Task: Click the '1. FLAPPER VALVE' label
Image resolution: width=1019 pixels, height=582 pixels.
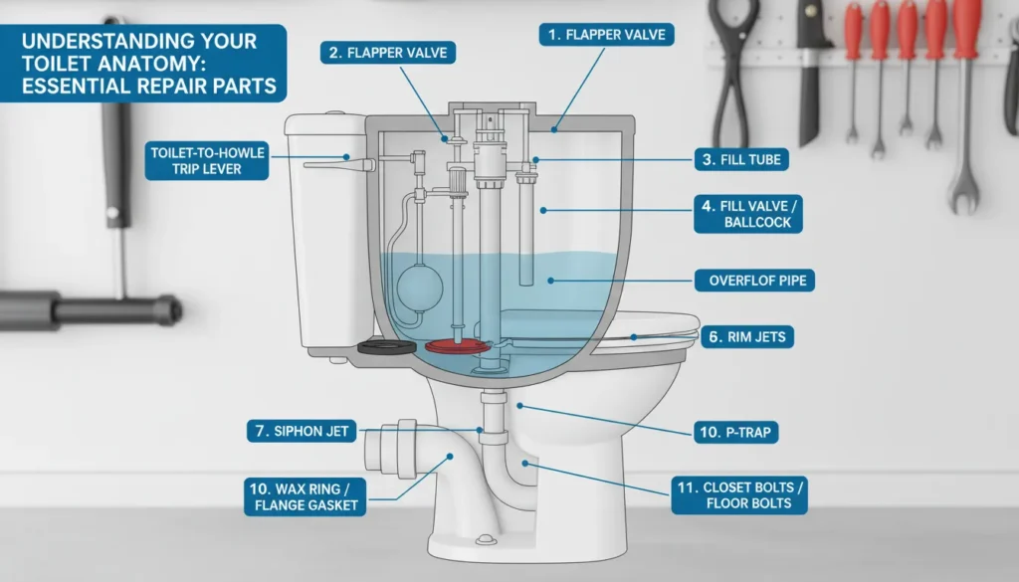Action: (x=607, y=35)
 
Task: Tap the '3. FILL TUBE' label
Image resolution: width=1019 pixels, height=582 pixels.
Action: (x=739, y=158)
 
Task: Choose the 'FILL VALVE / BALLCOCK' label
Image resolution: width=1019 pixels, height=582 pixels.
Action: (x=745, y=214)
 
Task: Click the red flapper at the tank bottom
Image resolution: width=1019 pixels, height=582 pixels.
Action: (x=460, y=346)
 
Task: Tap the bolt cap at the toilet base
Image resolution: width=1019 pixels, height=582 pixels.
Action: (x=487, y=539)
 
